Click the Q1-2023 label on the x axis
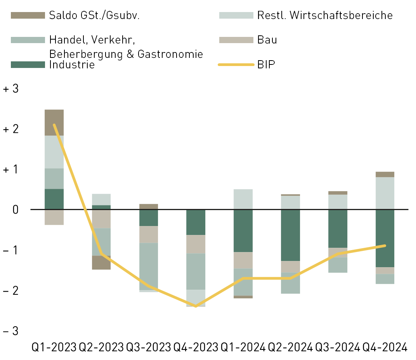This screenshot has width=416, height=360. point(54,347)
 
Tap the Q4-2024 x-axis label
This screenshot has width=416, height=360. point(385,347)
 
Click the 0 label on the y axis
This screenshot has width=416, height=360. point(16,210)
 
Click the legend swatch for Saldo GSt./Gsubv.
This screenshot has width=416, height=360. point(28,16)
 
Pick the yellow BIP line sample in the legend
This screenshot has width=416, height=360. point(236,64)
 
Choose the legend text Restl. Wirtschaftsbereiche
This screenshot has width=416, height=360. point(325,16)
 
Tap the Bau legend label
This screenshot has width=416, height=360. point(267,40)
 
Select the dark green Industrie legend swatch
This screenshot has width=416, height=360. point(28,64)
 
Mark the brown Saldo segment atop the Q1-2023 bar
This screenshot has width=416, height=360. point(54,122)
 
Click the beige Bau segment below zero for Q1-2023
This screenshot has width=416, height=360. point(54,217)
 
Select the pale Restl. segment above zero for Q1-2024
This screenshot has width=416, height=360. point(243,199)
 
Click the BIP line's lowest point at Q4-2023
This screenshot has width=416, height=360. point(196,306)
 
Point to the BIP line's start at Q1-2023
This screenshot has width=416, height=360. point(54,125)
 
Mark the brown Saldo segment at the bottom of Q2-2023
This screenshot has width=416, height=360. point(101,263)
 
